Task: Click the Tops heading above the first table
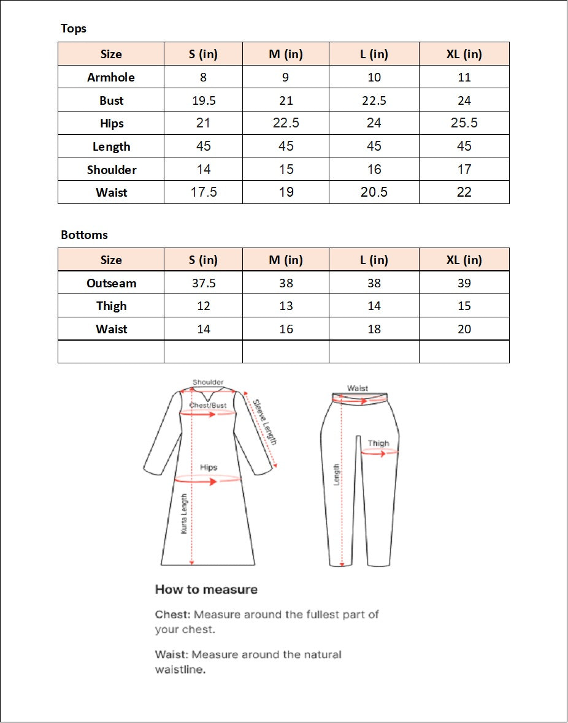click(x=74, y=29)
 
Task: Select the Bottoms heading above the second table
click(x=84, y=235)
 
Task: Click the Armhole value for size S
click(x=203, y=77)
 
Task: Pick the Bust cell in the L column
click(x=374, y=100)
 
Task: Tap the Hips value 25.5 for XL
click(x=464, y=123)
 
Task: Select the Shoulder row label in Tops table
click(x=112, y=170)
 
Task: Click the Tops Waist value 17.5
click(x=204, y=192)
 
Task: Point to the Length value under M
click(x=286, y=146)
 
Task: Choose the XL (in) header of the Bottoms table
click(x=464, y=260)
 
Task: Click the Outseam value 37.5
click(x=204, y=283)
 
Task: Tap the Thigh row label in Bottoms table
click(x=112, y=306)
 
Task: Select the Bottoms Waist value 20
click(x=464, y=329)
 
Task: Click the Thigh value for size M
click(x=286, y=306)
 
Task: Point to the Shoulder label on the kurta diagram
click(x=208, y=382)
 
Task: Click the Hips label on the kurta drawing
click(x=209, y=467)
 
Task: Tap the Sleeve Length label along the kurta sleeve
click(x=266, y=422)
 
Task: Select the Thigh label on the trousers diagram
click(x=378, y=443)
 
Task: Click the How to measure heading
click(x=206, y=589)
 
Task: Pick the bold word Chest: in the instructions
click(x=172, y=614)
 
